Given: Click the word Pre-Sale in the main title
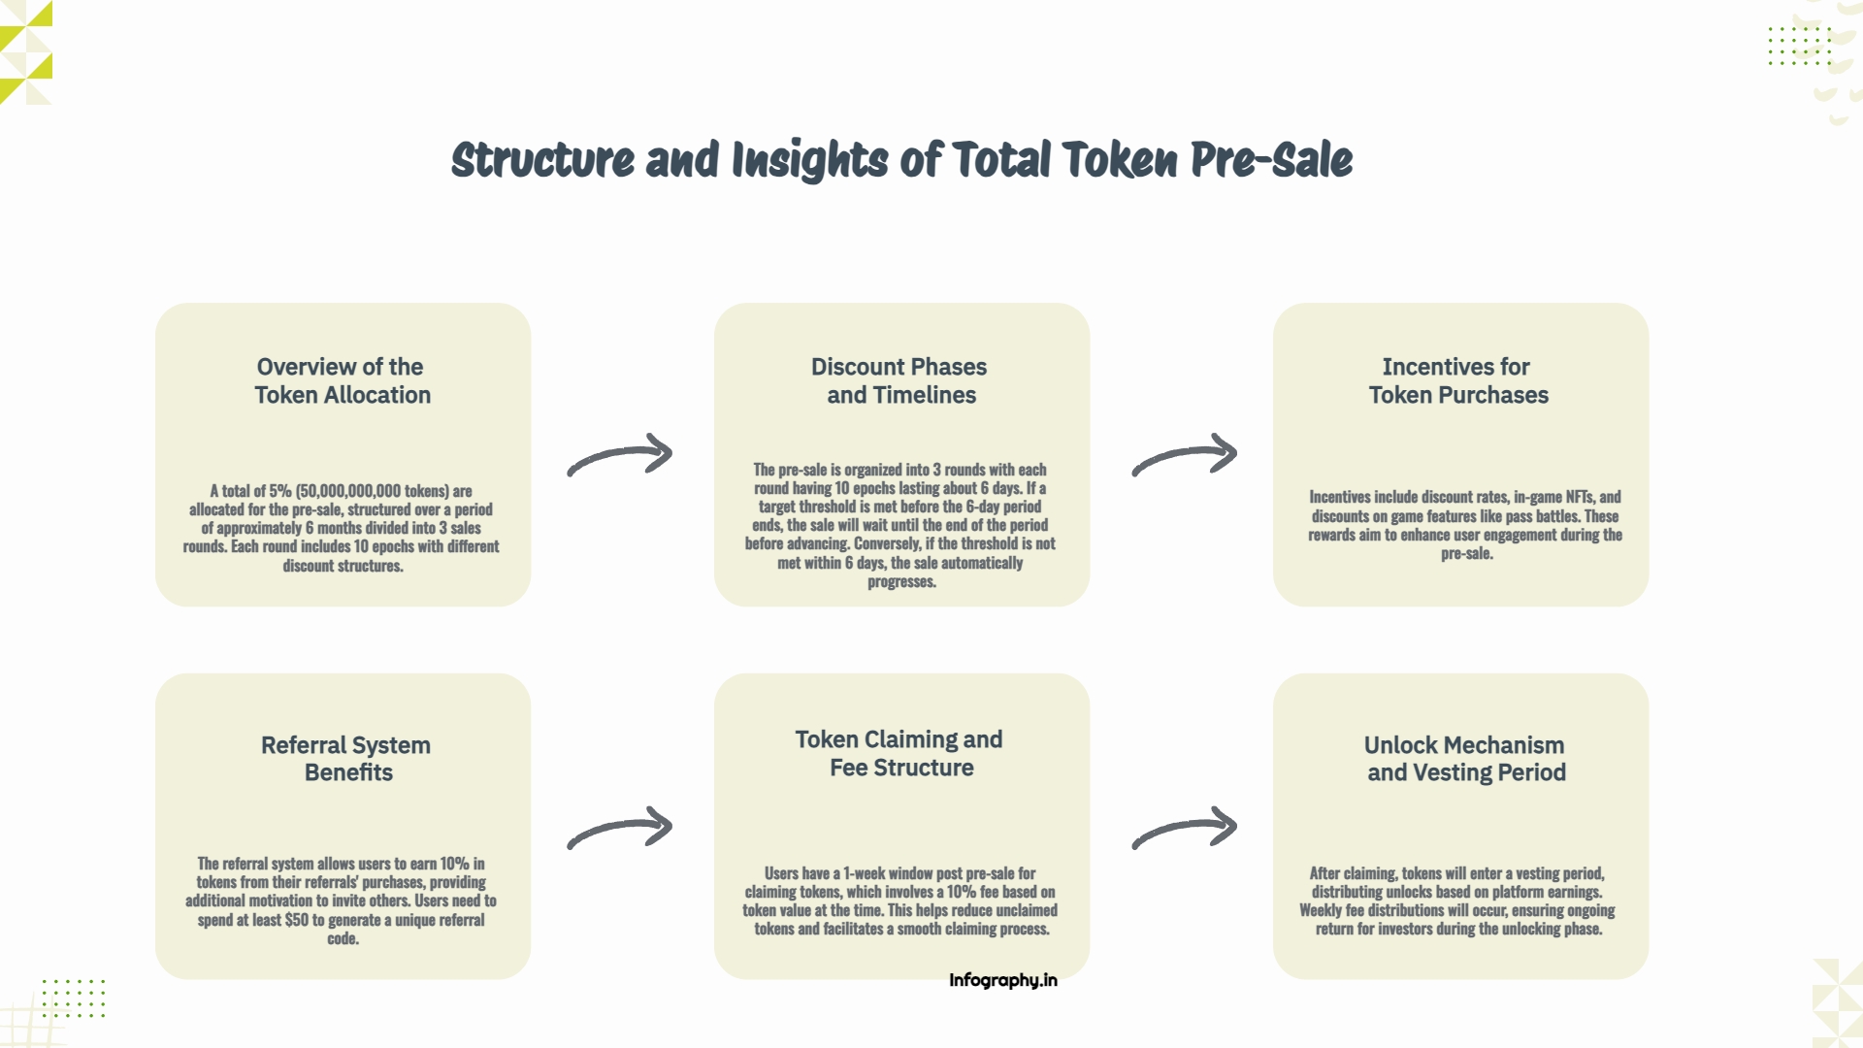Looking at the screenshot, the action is click(x=1271, y=160).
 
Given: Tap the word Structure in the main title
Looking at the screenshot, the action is click(x=542, y=160).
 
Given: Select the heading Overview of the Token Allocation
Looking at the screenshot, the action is click(x=343, y=380).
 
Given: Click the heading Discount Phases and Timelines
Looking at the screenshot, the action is click(x=900, y=380).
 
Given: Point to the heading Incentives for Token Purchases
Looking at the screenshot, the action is click(x=1458, y=380).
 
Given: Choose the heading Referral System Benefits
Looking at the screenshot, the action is click(x=346, y=759).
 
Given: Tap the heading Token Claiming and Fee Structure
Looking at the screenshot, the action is click(x=899, y=753).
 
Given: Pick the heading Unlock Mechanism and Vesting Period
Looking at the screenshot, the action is click(x=1465, y=759).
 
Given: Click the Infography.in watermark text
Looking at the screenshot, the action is click(x=1003, y=980).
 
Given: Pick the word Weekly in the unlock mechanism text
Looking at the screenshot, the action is click(x=1321, y=910).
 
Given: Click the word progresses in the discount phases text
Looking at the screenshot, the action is click(x=901, y=582).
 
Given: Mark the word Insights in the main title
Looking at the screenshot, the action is click(x=809, y=160).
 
